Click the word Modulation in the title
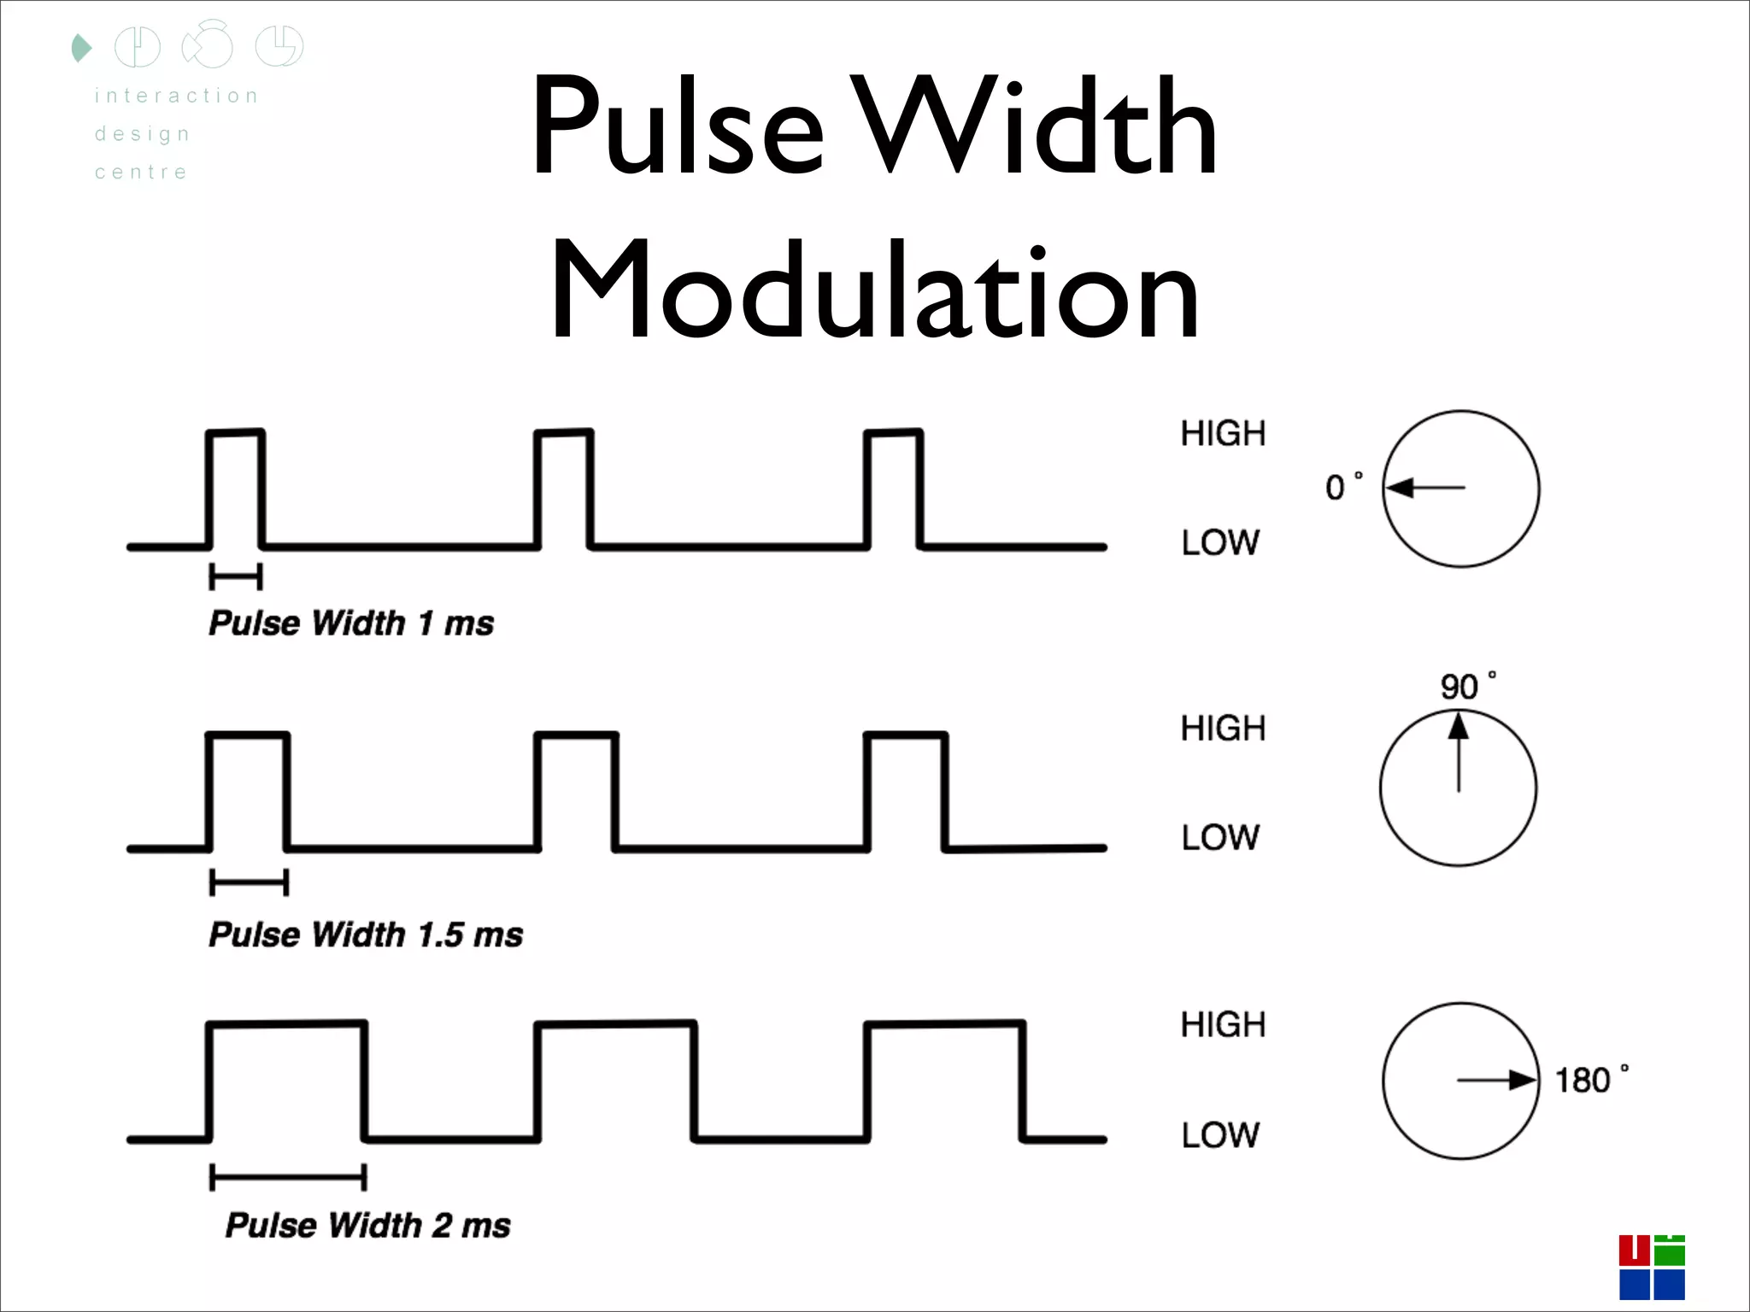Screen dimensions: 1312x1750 click(875, 290)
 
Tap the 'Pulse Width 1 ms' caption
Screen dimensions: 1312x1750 click(351, 623)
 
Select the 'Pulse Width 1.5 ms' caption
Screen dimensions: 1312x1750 click(366, 934)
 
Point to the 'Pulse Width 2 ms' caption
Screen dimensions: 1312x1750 click(367, 1225)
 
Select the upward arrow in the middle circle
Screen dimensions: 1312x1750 click(1459, 752)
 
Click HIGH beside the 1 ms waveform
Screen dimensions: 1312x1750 click(1223, 434)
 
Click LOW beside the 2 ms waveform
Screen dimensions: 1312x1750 click(1220, 1135)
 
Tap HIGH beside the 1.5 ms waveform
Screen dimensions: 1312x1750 click(1223, 729)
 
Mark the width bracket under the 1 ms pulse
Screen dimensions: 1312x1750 click(236, 577)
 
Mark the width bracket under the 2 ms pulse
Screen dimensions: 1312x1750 click(289, 1178)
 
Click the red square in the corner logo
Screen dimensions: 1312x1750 click(1634, 1250)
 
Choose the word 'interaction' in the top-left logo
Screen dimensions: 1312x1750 click(177, 96)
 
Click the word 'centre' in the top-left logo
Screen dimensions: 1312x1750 click(141, 173)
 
